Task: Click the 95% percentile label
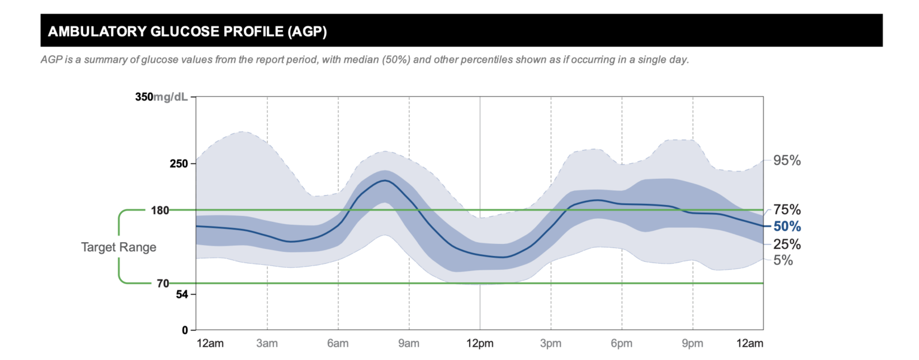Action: [787, 160]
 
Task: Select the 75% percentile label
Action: [787, 209]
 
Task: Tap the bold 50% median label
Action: [787, 227]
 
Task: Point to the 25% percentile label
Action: [787, 244]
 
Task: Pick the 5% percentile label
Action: [783, 260]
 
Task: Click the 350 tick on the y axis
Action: [144, 97]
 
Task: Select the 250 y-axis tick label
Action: [179, 163]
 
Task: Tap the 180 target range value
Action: [161, 210]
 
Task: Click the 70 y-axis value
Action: [163, 283]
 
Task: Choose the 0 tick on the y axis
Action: [185, 330]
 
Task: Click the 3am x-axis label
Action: [267, 343]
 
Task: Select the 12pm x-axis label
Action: [480, 343]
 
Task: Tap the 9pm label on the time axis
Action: [693, 343]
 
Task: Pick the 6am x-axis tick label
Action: [338, 343]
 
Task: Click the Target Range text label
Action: [118, 247]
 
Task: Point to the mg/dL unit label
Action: [171, 97]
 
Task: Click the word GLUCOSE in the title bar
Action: [181, 32]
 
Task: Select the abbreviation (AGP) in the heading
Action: [306, 32]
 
